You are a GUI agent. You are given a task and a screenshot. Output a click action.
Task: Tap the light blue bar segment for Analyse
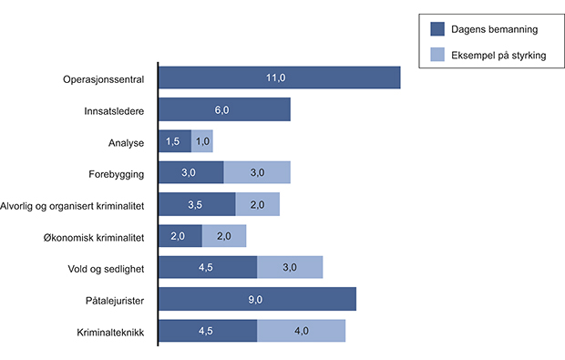202,141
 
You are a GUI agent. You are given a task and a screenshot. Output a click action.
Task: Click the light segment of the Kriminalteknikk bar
302,330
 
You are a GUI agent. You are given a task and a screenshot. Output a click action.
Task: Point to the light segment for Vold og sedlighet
290,267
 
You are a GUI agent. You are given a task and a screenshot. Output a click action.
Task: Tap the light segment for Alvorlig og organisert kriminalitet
257,204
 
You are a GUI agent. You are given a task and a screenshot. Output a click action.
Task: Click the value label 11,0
280,77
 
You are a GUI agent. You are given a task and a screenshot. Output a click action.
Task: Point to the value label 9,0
257,299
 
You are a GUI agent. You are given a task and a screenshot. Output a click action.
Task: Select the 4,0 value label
302,330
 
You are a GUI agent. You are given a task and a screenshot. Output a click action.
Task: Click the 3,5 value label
196,204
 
